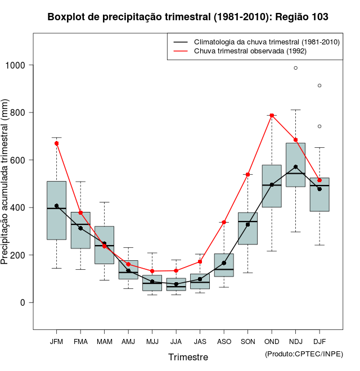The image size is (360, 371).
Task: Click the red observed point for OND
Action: pyautogui.click(x=272, y=115)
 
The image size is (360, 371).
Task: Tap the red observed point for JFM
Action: pyautogui.click(x=57, y=143)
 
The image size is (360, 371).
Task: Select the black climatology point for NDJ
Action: pyautogui.click(x=295, y=167)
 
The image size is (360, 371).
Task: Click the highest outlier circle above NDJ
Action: pyautogui.click(x=295, y=68)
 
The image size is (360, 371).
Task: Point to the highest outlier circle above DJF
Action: pyautogui.click(x=319, y=85)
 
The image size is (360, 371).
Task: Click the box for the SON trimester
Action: pyautogui.click(x=247, y=228)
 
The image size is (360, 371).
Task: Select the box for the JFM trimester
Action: pyautogui.click(x=57, y=210)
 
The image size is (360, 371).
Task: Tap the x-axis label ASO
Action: pyautogui.click(x=224, y=341)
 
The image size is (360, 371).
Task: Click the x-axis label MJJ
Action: pyautogui.click(x=152, y=341)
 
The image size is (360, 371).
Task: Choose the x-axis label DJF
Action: pyautogui.click(x=319, y=341)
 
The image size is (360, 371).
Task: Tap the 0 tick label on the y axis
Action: pyautogui.click(x=24, y=302)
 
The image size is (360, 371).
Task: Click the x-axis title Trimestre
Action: pyautogui.click(x=188, y=357)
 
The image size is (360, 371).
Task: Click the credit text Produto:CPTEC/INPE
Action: pyautogui.click(x=304, y=354)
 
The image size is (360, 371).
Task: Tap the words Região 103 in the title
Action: pyautogui.click(x=302, y=17)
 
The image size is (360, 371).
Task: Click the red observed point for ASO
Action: pyautogui.click(x=224, y=222)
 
